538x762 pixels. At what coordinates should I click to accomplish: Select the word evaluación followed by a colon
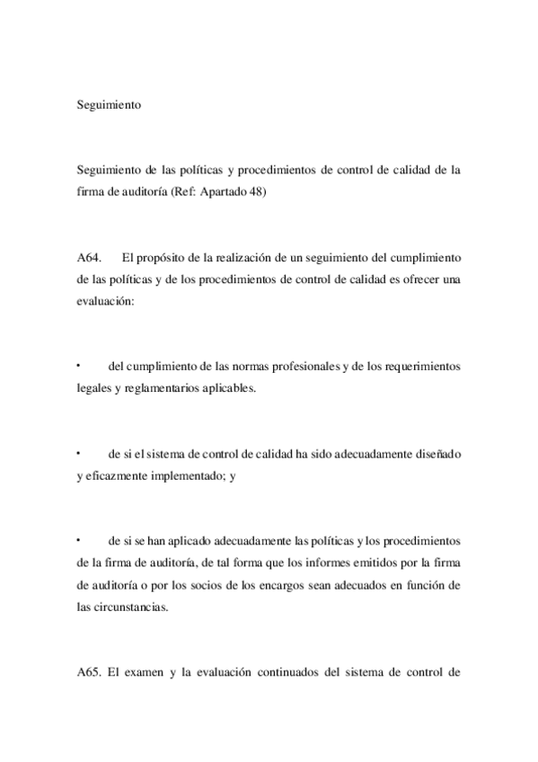[106, 303]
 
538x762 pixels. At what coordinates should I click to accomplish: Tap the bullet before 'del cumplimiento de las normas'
[80, 365]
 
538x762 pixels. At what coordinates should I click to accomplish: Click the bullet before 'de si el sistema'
[80, 453]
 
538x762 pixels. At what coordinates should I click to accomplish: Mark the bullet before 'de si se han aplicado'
[80, 540]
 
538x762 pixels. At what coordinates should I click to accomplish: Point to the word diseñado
[436, 454]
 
